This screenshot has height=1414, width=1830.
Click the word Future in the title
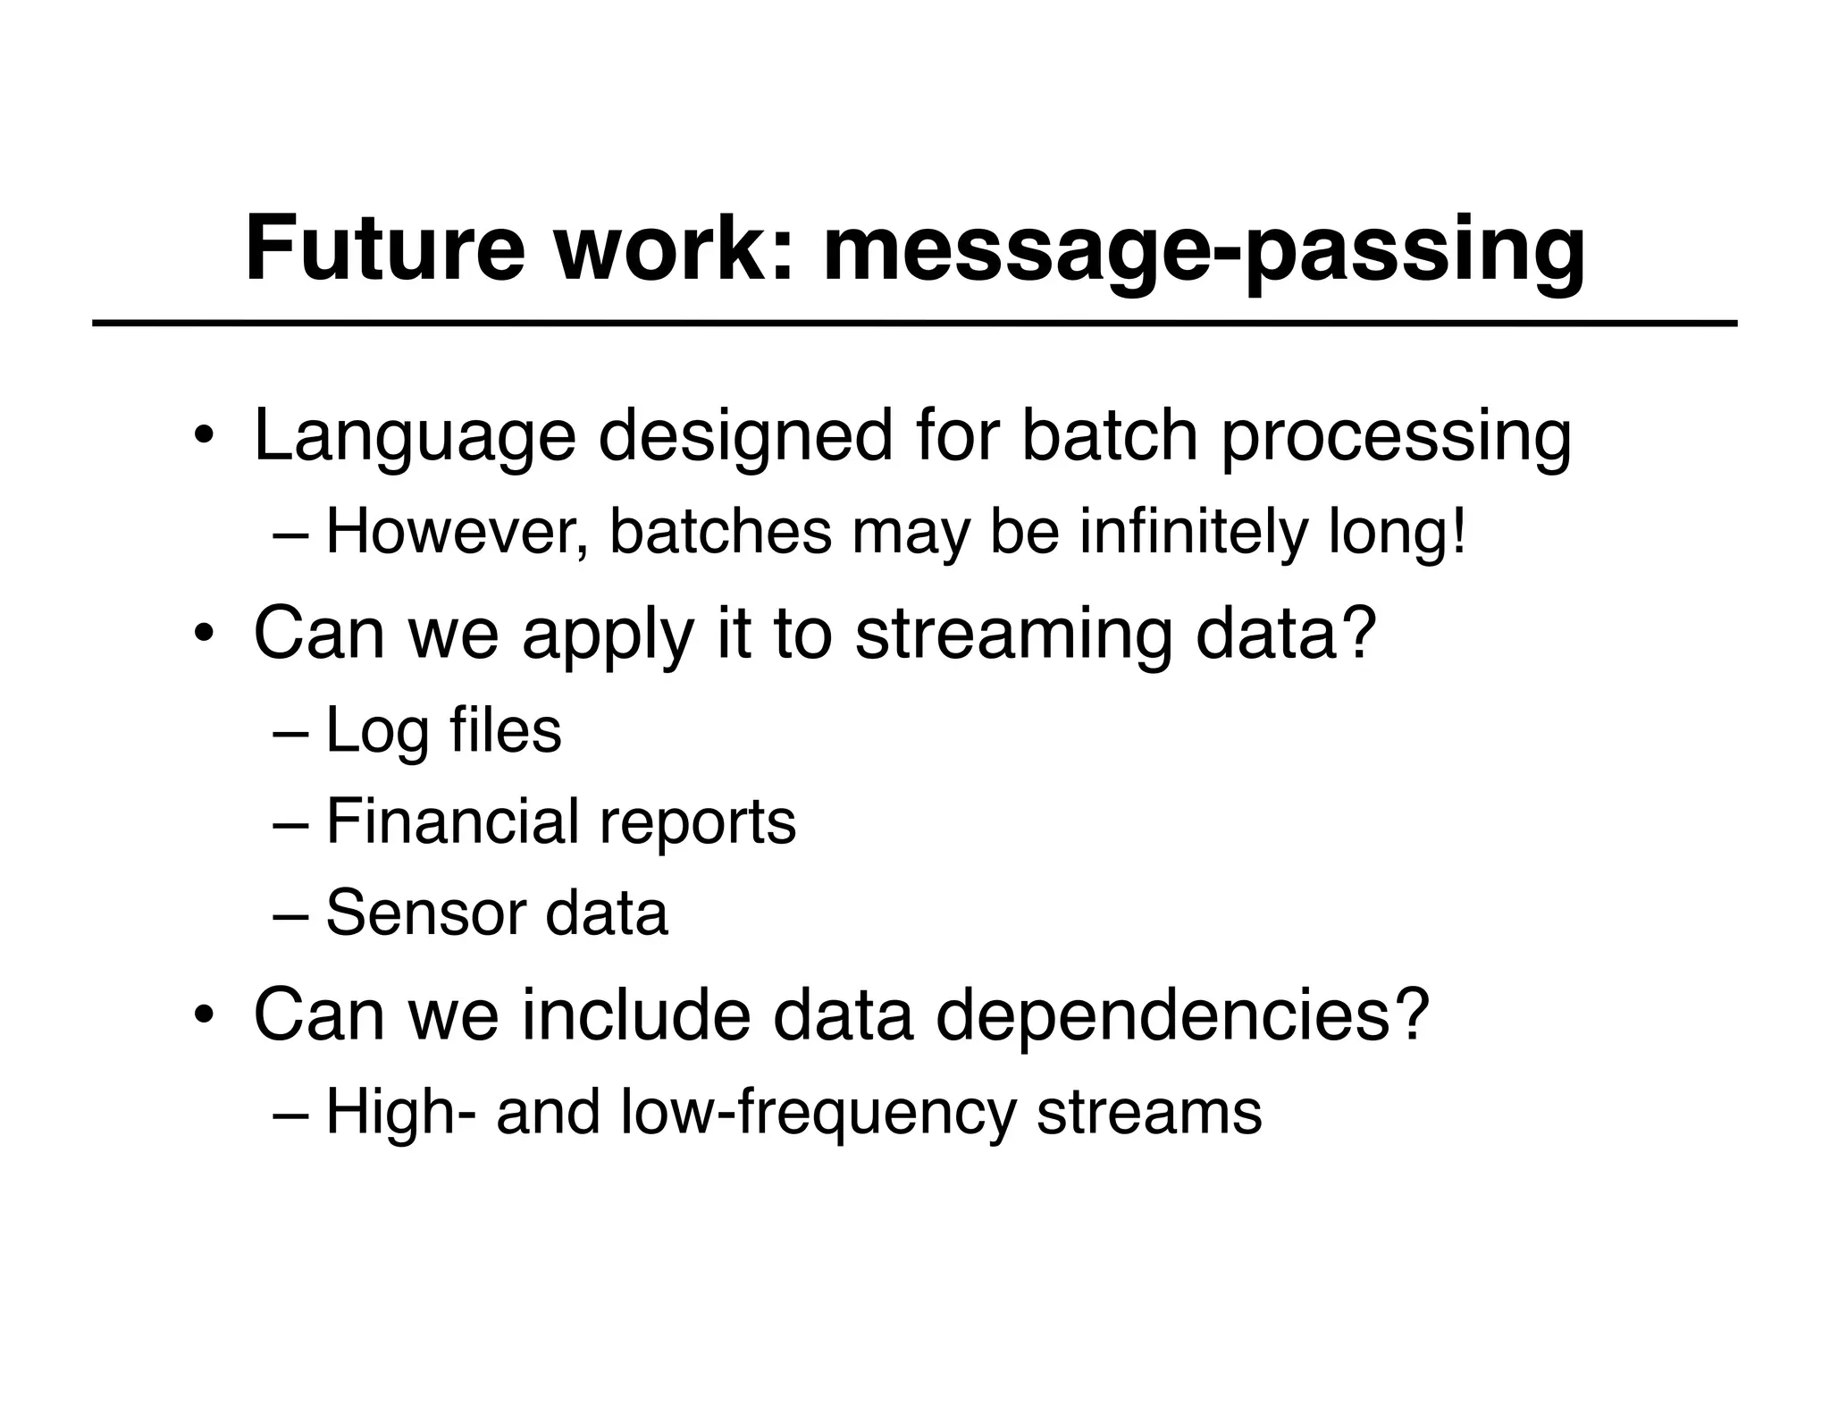(x=385, y=248)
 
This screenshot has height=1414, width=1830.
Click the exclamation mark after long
(x=1459, y=531)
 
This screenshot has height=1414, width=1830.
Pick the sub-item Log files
(x=443, y=731)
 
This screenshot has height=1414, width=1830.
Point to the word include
(x=635, y=1015)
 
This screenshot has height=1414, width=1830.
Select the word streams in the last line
(x=1149, y=1114)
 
